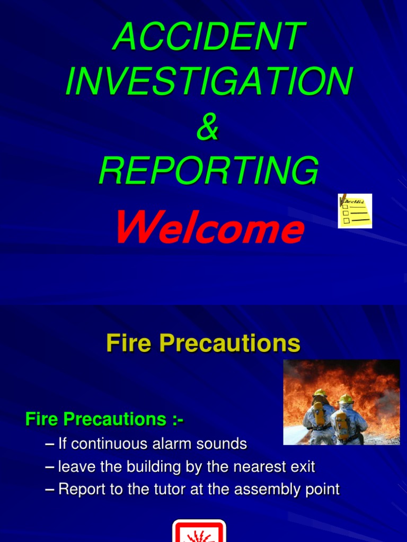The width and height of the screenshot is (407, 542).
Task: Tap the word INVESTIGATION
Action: point(208,82)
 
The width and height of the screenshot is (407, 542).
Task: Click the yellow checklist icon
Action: point(355,211)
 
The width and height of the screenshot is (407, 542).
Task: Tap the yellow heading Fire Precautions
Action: point(203,344)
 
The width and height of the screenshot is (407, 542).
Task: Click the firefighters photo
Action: point(341,402)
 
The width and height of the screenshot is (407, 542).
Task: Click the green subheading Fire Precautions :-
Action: point(104,420)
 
